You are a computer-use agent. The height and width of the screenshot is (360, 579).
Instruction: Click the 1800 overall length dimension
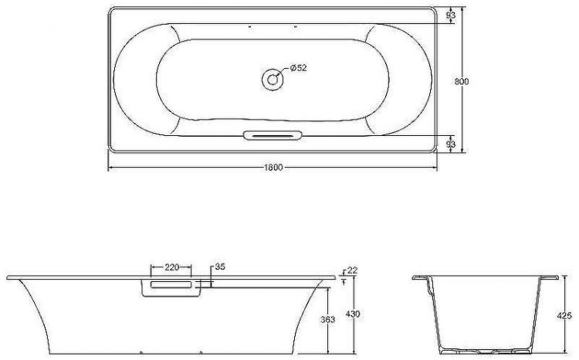point(272,168)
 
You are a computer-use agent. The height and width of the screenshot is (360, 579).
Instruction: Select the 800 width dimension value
point(462,80)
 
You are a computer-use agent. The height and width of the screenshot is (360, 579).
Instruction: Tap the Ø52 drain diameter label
point(298,69)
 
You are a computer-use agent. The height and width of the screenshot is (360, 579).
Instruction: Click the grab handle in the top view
point(271,136)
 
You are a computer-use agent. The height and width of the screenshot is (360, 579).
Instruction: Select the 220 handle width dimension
point(171,267)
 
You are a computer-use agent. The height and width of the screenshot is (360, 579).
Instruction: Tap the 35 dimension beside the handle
point(219,267)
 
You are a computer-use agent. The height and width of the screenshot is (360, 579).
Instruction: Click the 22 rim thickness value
point(352,270)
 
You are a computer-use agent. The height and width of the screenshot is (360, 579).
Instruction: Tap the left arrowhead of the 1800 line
point(110,168)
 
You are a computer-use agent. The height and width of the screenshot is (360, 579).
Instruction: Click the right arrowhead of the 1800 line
point(434,168)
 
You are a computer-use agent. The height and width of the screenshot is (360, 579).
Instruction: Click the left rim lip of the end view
point(418,279)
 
